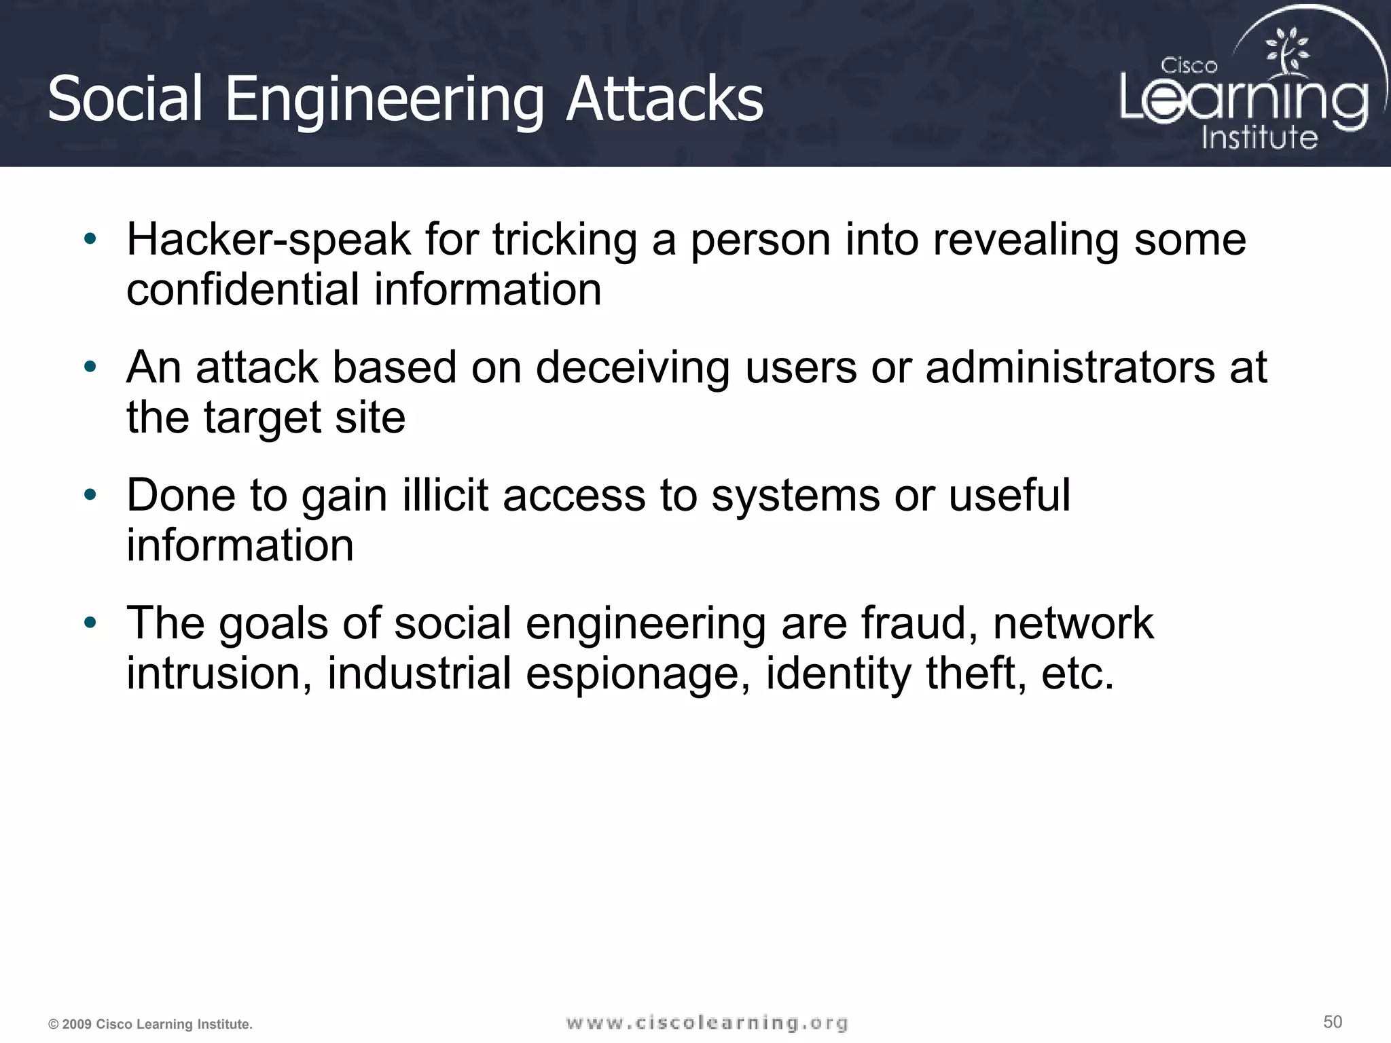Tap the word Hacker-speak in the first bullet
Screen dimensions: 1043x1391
(x=269, y=241)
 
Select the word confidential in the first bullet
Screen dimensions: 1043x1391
(x=242, y=289)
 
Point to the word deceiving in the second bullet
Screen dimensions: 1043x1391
(x=632, y=369)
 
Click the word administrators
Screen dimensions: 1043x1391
(x=1070, y=367)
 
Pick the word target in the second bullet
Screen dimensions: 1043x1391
(x=262, y=418)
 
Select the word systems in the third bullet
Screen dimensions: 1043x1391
(x=795, y=496)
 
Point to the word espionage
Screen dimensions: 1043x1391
(x=638, y=674)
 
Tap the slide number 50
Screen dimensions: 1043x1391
(x=1333, y=1022)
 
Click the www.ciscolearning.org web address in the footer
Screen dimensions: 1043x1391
(x=706, y=1023)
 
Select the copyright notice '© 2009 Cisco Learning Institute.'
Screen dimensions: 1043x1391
(x=150, y=1025)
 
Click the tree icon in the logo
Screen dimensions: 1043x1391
(x=1286, y=51)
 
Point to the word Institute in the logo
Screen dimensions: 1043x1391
(x=1259, y=138)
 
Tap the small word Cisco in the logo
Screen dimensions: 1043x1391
(x=1189, y=66)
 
